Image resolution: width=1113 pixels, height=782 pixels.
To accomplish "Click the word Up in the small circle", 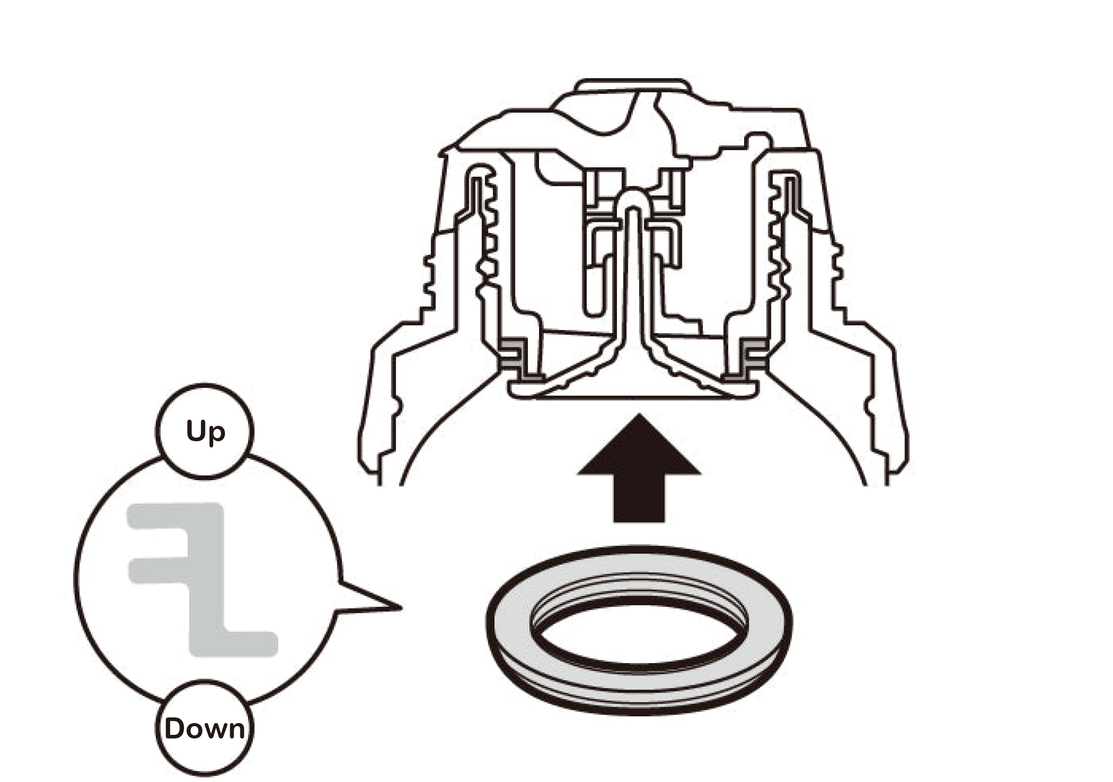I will pos(205,432).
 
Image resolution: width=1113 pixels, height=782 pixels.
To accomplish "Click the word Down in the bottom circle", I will pos(205,728).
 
